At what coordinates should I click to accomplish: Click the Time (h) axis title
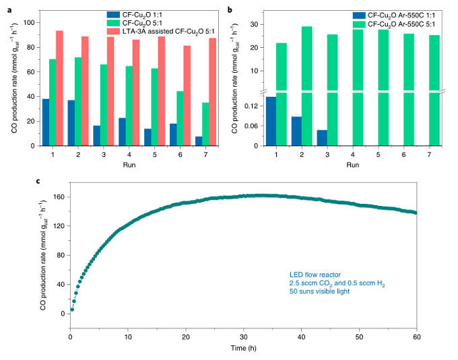click(x=244, y=349)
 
